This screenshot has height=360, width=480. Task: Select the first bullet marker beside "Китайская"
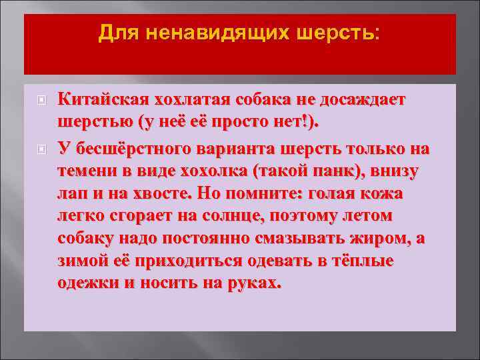pyautogui.click(x=41, y=100)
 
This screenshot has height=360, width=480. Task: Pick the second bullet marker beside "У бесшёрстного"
pyautogui.click(x=41, y=148)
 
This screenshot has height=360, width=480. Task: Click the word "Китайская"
pyautogui.click(x=103, y=99)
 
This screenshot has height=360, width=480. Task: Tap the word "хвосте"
pyautogui.click(x=157, y=193)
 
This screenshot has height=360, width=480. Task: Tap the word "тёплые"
pyautogui.click(x=364, y=261)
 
